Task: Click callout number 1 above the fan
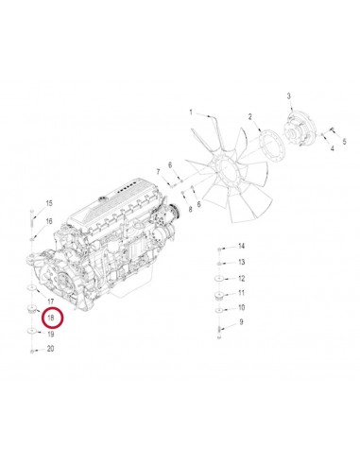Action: [190, 112]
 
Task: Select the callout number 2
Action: [249, 117]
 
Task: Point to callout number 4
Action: [332, 147]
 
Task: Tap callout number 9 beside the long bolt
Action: [241, 322]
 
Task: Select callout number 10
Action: [242, 307]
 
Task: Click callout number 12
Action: [242, 278]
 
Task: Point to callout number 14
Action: [242, 246]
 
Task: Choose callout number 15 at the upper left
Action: [49, 204]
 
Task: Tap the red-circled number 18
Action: [50, 320]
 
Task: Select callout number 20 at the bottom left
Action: [50, 349]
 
